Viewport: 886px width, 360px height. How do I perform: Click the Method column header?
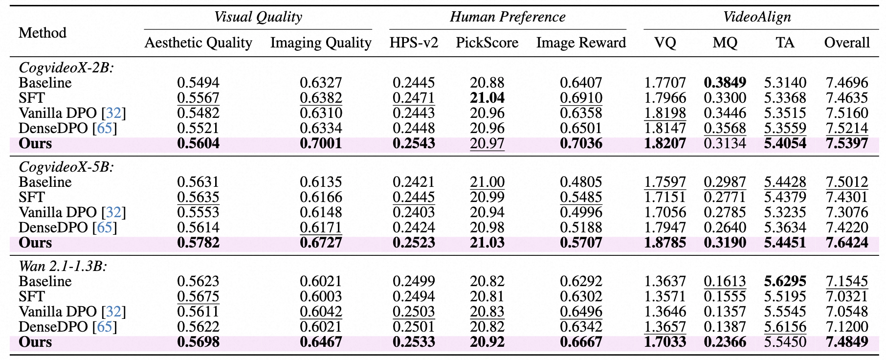[x=43, y=33]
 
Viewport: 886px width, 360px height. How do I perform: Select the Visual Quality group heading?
[x=258, y=17]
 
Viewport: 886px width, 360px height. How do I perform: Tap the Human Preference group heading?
[x=508, y=17]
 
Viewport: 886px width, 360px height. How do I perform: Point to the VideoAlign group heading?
[x=757, y=17]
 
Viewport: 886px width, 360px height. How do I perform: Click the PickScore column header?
[x=487, y=43]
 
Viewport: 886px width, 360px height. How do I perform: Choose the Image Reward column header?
[x=581, y=43]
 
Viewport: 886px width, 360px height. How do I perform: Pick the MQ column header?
[x=725, y=43]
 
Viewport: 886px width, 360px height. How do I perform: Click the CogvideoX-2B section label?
[x=66, y=67]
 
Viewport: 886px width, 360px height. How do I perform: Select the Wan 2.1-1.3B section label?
[x=63, y=266]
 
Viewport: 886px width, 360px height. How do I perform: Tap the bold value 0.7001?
[x=321, y=143]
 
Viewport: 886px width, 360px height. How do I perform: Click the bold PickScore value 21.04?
[x=487, y=98]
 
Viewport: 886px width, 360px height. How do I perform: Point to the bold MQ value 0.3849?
[x=725, y=83]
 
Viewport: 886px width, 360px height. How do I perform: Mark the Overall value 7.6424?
[x=847, y=243]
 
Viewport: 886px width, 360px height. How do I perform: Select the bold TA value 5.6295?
[x=785, y=281]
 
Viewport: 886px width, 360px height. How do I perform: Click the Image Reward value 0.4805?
[x=581, y=182]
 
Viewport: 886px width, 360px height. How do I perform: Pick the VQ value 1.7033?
[x=665, y=342]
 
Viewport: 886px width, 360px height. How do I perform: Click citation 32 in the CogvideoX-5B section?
[x=113, y=212]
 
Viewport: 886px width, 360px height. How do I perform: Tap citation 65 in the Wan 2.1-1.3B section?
[x=105, y=327]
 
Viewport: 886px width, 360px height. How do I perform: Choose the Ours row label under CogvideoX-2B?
[x=35, y=143]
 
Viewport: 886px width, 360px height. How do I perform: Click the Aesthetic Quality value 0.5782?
[x=198, y=243]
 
